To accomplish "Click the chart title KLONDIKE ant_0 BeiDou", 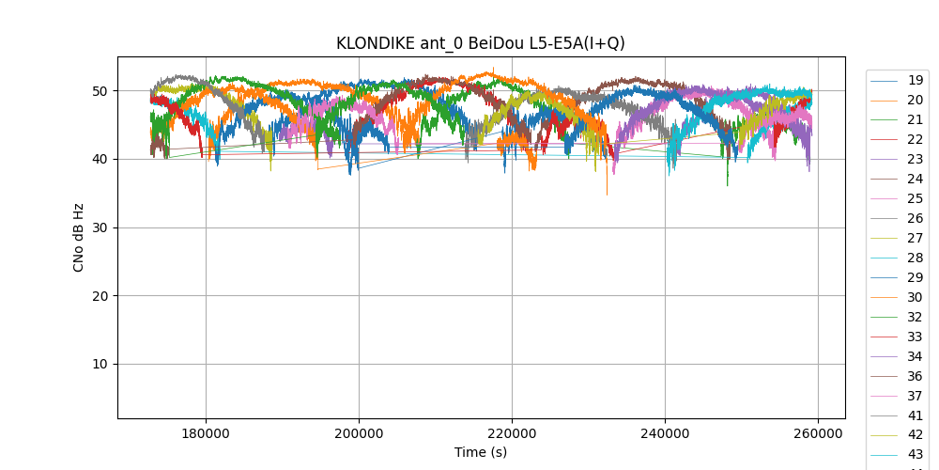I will coord(481,43).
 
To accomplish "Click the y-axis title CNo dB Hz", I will coord(79,238).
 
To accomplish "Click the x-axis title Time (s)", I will coord(481,452).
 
